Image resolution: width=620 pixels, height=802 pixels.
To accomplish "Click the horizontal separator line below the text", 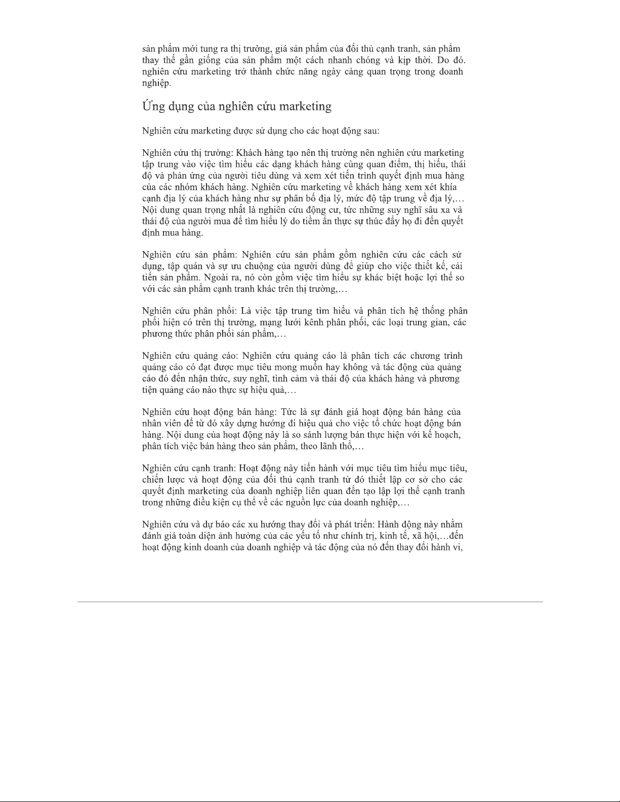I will pyautogui.click(x=310, y=602).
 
